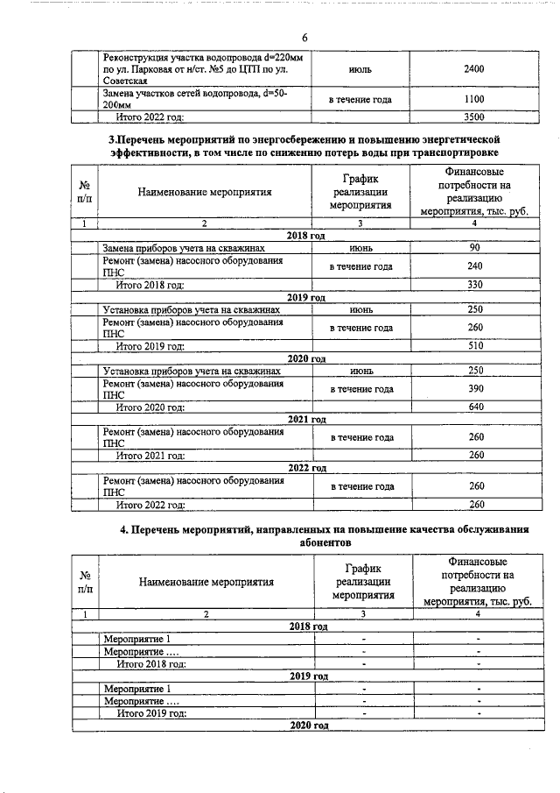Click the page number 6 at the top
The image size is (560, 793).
[304, 38]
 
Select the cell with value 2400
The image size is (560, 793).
[473, 67]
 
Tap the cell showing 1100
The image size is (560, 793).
[473, 99]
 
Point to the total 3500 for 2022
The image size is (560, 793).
[473, 116]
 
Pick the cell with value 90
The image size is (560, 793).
[475, 249]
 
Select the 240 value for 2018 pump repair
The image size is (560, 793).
[475, 266]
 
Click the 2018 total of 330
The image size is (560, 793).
[475, 285]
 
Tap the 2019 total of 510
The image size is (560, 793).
[475, 345]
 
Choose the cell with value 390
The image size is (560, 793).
[475, 389]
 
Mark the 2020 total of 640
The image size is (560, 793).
[475, 407]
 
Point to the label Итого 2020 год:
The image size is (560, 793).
[150, 407]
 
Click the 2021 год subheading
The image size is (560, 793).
[306, 420]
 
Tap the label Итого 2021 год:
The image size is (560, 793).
[150, 456]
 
